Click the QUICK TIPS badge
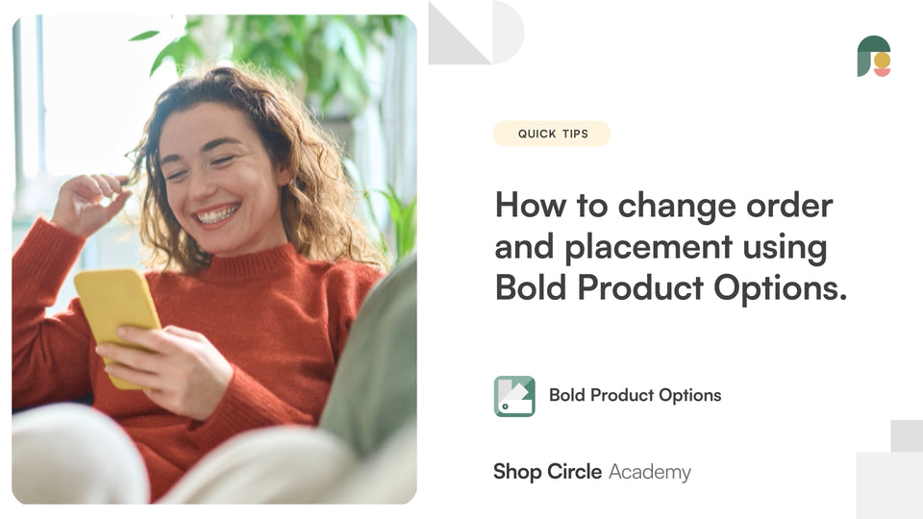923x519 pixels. click(551, 134)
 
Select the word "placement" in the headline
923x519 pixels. click(652, 247)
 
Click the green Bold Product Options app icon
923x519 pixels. click(514, 396)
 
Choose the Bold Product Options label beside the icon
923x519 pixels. click(635, 395)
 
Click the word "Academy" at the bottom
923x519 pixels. click(650, 472)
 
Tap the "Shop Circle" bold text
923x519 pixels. click(547, 472)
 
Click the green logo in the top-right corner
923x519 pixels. click(873, 56)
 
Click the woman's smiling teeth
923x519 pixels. click(218, 213)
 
